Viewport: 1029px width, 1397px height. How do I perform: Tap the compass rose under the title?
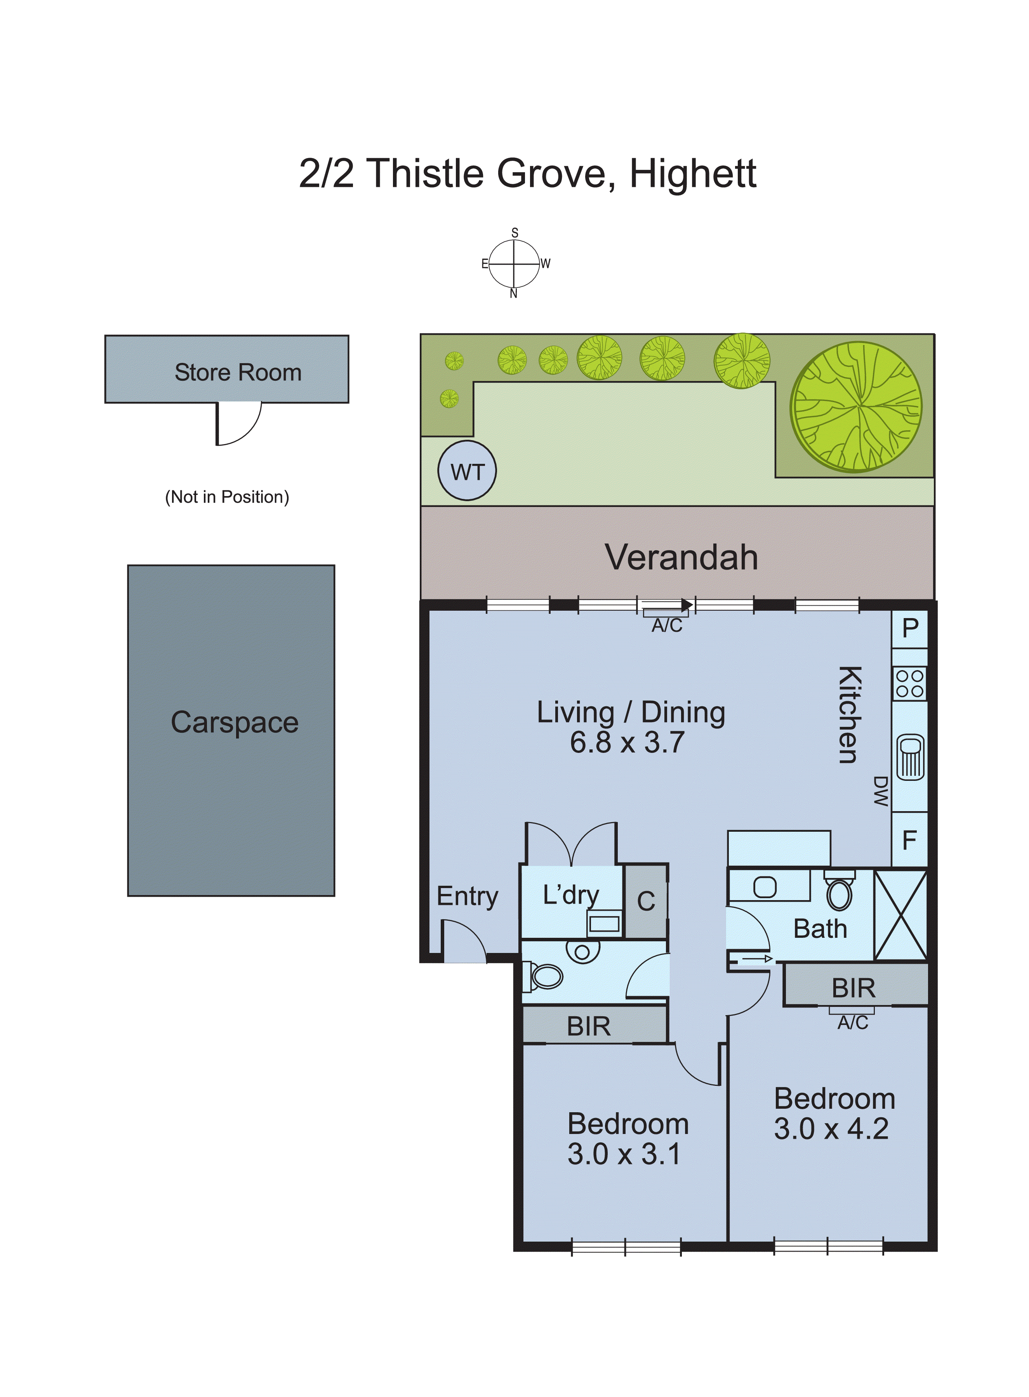click(514, 263)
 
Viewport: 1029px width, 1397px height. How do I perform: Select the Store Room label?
click(238, 372)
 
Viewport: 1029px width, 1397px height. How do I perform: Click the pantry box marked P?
click(909, 628)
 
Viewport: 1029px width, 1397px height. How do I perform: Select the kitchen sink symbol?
click(910, 756)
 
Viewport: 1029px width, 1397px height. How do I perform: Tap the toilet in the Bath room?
click(839, 893)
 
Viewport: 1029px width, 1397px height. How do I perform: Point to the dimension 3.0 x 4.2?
click(831, 1129)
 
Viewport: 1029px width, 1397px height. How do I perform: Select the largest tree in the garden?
click(856, 406)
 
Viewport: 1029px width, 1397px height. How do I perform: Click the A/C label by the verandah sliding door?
click(666, 625)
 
